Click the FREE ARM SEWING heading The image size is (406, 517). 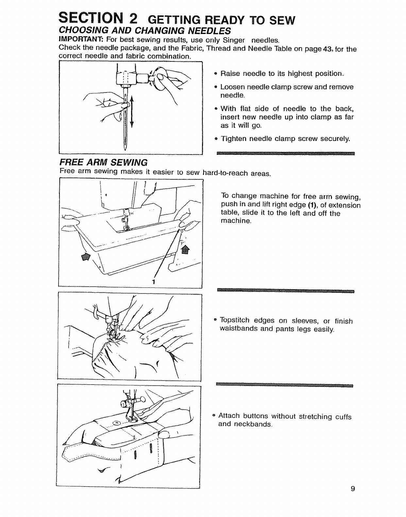(x=103, y=162)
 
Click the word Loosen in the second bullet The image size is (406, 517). (x=232, y=87)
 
